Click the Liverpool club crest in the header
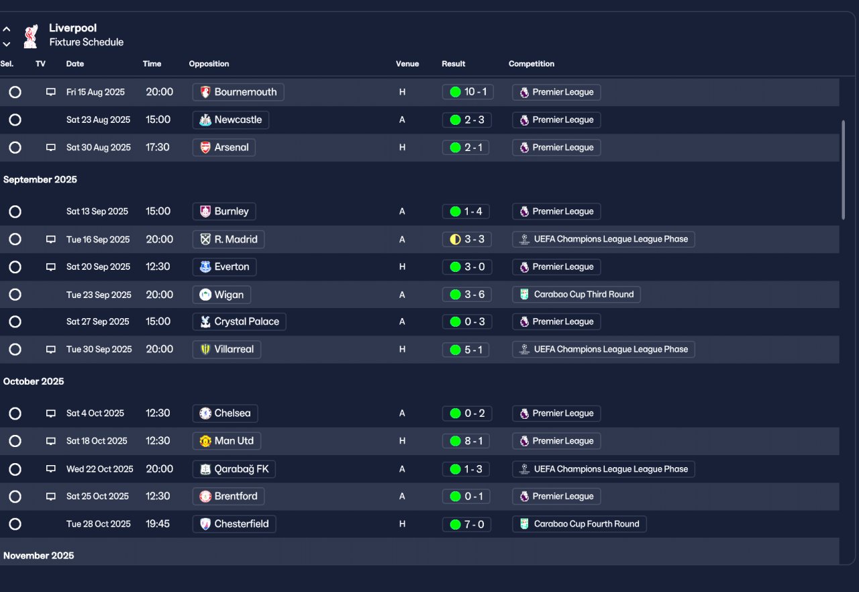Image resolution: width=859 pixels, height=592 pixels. pos(30,36)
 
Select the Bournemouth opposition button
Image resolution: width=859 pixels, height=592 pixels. pos(238,92)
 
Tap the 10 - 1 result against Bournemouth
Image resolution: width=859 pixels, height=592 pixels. pos(468,92)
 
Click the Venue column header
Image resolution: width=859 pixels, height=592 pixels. pos(407,64)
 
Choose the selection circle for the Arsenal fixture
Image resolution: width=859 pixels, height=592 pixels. pos(15,148)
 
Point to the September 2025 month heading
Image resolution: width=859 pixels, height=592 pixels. pos(40,180)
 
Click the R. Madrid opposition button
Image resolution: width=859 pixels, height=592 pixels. pos(228,240)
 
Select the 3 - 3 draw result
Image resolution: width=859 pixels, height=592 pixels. pos(468,240)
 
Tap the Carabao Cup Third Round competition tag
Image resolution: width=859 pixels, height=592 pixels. pos(576,295)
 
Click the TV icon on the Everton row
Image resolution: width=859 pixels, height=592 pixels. pos(50,267)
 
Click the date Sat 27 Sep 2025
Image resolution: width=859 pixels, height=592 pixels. pos(97,322)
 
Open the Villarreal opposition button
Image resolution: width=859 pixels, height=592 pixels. pos(227,350)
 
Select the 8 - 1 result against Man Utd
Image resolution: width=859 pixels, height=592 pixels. pos(468,441)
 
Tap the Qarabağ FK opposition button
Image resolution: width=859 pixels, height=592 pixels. pos(234,469)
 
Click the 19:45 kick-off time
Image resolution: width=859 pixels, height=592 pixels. pos(158,524)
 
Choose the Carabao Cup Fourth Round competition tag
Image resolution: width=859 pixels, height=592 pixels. pos(579,524)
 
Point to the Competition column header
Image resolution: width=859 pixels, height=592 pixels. pos(531,64)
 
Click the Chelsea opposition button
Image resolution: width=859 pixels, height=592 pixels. pos(225,413)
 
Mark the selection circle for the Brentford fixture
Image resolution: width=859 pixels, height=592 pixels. pos(15,497)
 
